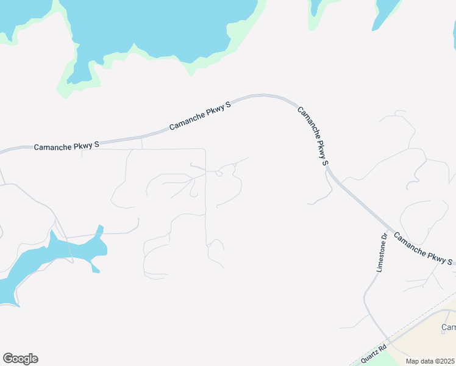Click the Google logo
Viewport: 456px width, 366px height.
pyautogui.click(x=20, y=359)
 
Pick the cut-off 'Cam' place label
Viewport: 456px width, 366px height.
pyautogui.click(x=448, y=328)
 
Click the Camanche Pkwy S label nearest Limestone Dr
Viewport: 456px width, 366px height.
pyautogui.click(x=423, y=249)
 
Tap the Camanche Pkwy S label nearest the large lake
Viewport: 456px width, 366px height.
pyautogui.click(x=200, y=115)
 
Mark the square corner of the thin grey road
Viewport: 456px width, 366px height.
pyautogui.click(x=205, y=149)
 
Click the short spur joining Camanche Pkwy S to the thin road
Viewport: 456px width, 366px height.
pyautogui.click(x=141, y=143)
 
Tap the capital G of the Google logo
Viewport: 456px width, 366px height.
pyautogui.click(x=8, y=359)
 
